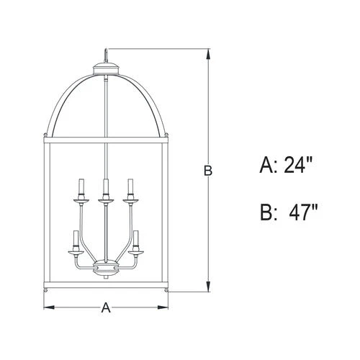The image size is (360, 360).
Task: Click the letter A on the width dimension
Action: click(106, 308)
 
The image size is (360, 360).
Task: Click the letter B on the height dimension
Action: click(207, 171)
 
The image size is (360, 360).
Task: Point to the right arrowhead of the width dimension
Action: click(166, 308)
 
